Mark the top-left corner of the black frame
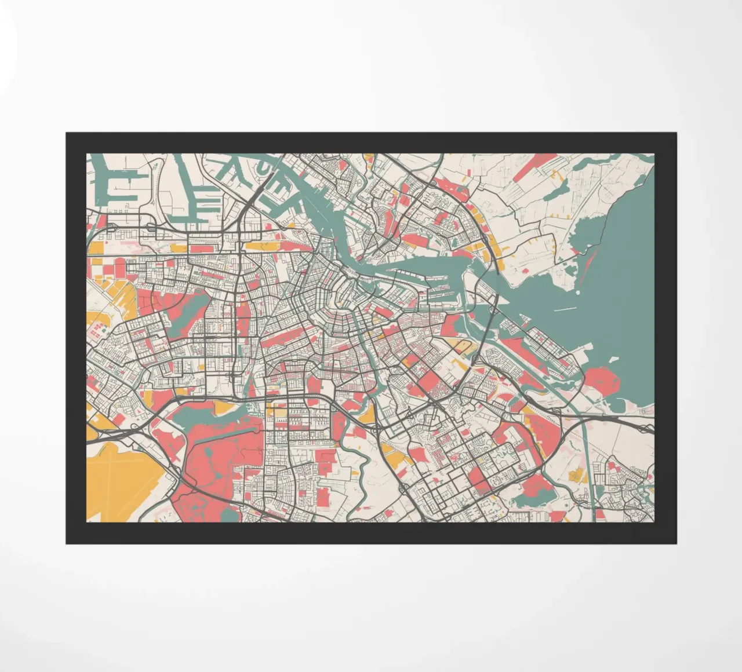point(66,133)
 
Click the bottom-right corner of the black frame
point(676,543)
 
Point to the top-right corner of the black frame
point(676,133)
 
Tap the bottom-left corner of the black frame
point(66,543)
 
